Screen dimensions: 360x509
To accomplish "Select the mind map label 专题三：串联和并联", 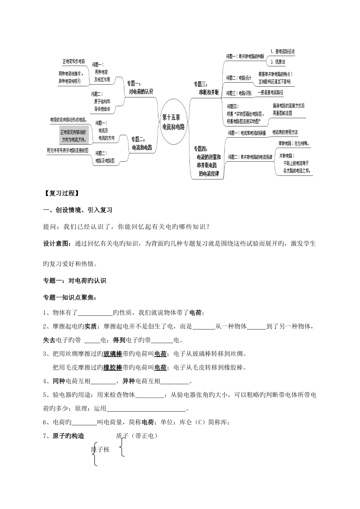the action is [207, 88].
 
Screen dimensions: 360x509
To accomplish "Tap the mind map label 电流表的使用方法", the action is [285, 132].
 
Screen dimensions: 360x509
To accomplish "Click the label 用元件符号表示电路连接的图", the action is [67, 150].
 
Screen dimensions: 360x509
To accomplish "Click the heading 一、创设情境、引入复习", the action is [78, 210].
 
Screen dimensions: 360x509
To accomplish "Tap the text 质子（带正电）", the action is [136, 436].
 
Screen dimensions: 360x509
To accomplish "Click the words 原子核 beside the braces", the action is [100, 450].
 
